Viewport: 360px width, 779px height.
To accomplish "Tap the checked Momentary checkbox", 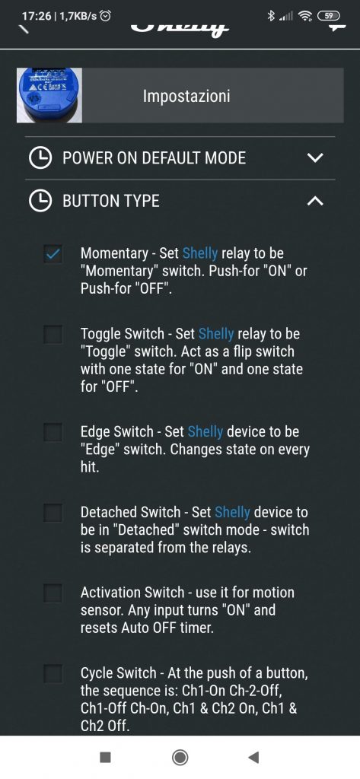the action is click(53, 255).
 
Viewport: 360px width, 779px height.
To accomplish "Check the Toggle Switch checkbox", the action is click(53, 335).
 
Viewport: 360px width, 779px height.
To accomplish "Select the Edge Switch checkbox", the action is click(53, 432).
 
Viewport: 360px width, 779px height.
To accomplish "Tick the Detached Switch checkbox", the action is click(53, 512).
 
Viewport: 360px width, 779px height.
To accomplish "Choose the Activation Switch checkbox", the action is click(53, 593).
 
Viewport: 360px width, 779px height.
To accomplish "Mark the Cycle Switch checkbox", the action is click(53, 674).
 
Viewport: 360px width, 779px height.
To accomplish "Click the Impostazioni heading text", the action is click(186, 96).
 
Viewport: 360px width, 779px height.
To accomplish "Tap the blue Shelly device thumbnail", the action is click(49, 95).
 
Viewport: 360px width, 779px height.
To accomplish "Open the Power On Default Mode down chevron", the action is click(315, 158).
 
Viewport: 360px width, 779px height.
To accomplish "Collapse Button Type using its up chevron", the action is click(315, 201).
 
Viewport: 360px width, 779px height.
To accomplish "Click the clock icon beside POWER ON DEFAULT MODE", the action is click(40, 158).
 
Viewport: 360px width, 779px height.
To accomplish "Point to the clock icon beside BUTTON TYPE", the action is click(40, 201).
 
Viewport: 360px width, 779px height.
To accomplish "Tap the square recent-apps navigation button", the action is click(105, 757).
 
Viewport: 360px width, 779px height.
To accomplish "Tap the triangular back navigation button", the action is click(253, 757).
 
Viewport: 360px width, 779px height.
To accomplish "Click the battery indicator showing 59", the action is click(329, 16).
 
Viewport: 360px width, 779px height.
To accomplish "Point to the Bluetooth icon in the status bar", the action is click(271, 16).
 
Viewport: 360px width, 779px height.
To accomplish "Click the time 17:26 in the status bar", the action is click(37, 16).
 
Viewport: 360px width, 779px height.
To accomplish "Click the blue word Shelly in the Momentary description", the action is click(200, 253).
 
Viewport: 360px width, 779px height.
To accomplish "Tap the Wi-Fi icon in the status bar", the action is click(304, 16).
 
